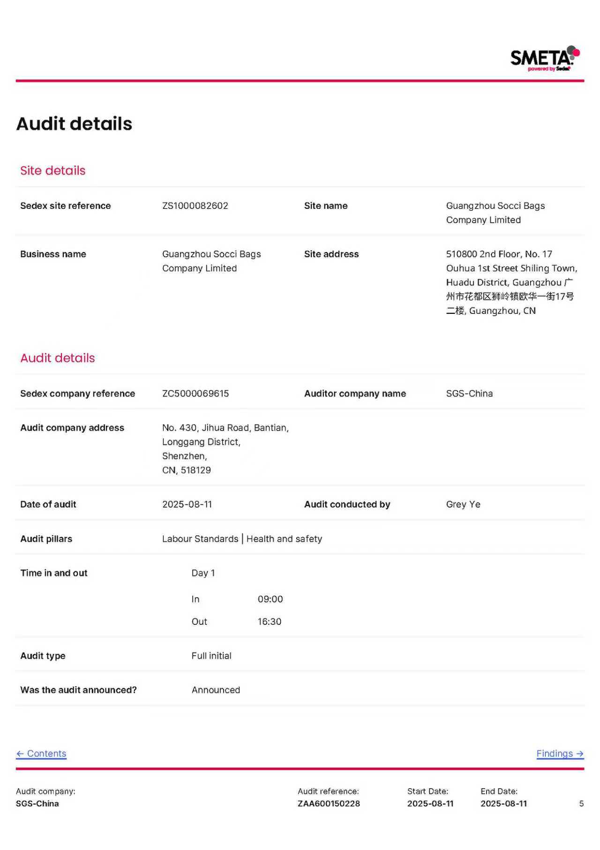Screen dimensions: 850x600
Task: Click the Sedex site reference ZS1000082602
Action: pyautogui.click(x=195, y=206)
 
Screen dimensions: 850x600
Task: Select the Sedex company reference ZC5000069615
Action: pyautogui.click(x=195, y=394)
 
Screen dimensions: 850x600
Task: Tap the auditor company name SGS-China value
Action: pyautogui.click(x=469, y=394)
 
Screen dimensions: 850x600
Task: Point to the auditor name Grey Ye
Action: pyautogui.click(x=463, y=504)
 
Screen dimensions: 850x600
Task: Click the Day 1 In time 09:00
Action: pyautogui.click(x=270, y=599)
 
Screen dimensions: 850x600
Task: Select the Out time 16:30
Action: pyautogui.click(x=270, y=622)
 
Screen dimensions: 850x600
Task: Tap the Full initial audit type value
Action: pyautogui.click(x=211, y=656)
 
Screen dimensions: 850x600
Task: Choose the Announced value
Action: pyautogui.click(x=216, y=690)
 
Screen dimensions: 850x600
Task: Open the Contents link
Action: pyautogui.click(x=41, y=753)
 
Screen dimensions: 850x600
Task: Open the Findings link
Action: pyautogui.click(x=560, y=753)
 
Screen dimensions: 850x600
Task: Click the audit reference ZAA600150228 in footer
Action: pyautogui.click(x=329, y=804)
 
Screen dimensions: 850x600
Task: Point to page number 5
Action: pyautogui.click(x=581, y=804)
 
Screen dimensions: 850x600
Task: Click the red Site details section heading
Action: pyautogui.click(x=52, y=171)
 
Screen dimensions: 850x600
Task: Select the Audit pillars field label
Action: pyautogui.click(x=46, y=539)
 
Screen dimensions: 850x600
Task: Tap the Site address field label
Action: pyautogui.click(x=331, y=254)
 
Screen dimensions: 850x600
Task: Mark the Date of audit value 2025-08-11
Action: pyautogui.click(x=187, y=504)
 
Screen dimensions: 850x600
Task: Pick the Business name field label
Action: pyautogui.click(x=53, y=254)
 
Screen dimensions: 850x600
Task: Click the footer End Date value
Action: pyautogui.click(x=503, y=804)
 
